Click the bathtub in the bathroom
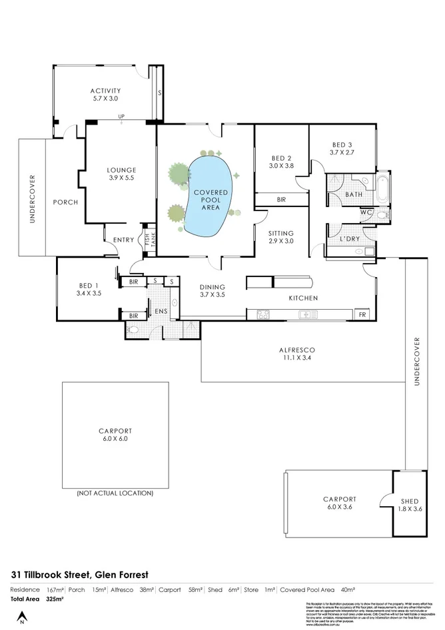pos(384,189)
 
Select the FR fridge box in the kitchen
pos(362,314)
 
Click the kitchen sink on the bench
pos(308,314)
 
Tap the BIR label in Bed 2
pos(280,199)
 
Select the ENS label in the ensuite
pos(160,311)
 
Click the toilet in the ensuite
pos(133,330)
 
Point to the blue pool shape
pos(210,196)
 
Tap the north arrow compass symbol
pos(22,615)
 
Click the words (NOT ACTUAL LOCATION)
pos(115,493)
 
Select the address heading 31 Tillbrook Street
pos(79,573)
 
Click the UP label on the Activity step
pos(121,118)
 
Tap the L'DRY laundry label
pos(350,238)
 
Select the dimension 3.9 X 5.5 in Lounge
pos(121,178)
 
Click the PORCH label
pos(65,202)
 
